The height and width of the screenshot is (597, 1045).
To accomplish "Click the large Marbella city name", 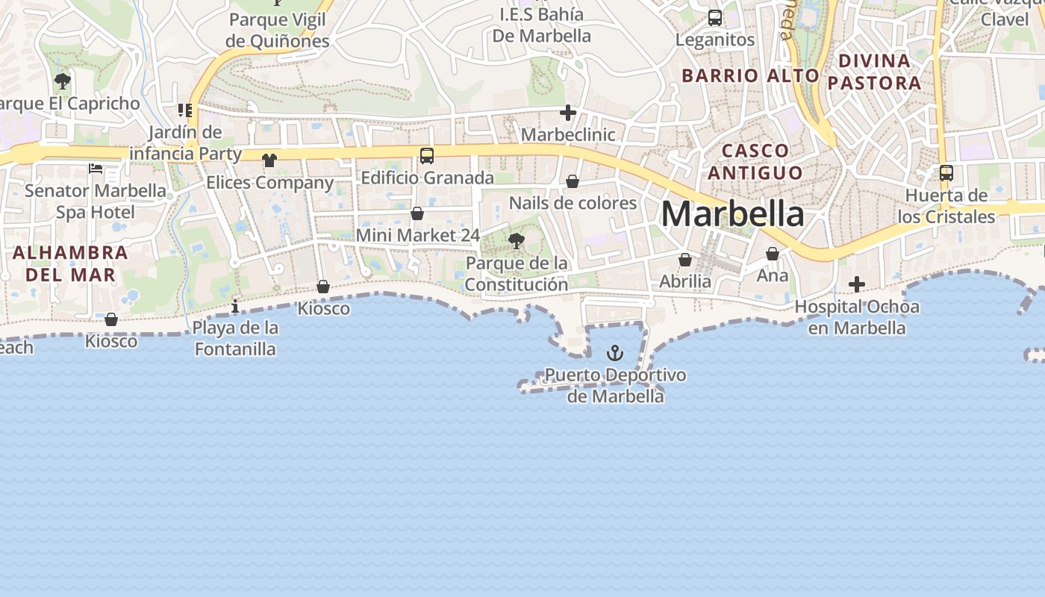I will (x=732, y=214).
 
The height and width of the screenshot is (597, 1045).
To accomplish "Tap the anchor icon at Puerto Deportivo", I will (x=614, y=352).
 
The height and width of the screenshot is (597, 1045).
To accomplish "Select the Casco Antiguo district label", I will (x=755, y=161).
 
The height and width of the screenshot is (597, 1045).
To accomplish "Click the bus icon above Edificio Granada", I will (x=427, y=156).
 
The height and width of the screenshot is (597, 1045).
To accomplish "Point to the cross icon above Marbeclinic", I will (x=568, y=113).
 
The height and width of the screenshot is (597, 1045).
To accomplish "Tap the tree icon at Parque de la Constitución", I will (x=516, y=240).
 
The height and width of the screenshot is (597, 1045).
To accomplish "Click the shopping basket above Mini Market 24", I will (x=417, y=213).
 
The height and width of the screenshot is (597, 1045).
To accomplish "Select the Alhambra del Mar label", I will (x=70, y=263).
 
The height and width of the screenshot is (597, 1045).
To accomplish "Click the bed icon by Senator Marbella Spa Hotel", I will (x=96, y=168).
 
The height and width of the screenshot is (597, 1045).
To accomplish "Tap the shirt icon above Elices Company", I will (x=269, y=160).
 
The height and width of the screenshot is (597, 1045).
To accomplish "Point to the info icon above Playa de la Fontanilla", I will (x=235, y=306).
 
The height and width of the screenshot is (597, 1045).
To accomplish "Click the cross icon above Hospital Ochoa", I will (x=857, y=284).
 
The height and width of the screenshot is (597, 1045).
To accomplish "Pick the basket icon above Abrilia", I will (x=684, y=260).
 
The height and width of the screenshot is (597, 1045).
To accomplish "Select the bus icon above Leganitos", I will (x=715, y=18).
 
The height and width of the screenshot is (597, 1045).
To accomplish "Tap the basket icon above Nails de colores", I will (x=573, y=181).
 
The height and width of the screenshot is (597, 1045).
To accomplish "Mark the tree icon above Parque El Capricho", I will (x=63, y=81).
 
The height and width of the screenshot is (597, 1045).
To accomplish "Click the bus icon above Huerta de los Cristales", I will (x=946, y=173).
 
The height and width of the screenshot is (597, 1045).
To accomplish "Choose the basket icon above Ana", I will (x=773, y=254).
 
